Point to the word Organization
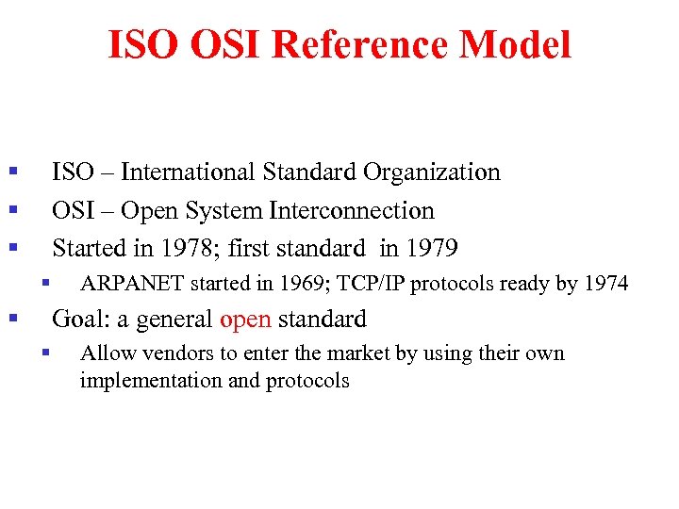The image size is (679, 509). click(x=431, y=172)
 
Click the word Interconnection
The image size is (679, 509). click(x=352, y=211)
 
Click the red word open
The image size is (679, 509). click(x=245, y=320)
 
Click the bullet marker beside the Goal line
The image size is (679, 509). click(x=12, y=320)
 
